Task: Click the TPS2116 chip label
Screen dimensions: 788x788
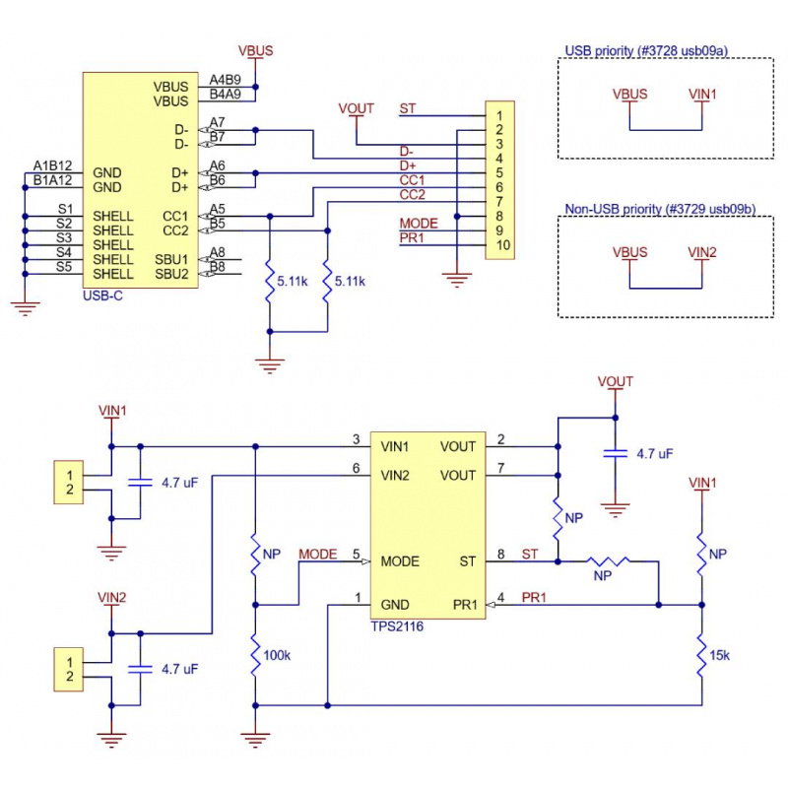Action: pos(396,625)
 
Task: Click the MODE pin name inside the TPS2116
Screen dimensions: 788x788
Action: pos(399,561)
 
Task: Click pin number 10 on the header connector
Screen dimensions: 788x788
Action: pos(502,244)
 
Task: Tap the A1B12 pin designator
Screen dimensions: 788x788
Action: pos(52,164)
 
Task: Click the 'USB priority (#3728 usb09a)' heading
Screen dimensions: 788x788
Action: pos(652,50)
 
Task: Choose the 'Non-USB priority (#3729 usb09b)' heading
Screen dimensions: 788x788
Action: pos(660,209)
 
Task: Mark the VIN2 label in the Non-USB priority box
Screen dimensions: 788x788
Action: pos(702,253)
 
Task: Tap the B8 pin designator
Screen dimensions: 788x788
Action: pos(217,266)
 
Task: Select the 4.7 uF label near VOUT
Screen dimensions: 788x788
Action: pos(655,455)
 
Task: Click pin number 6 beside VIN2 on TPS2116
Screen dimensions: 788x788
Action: pos(356,468)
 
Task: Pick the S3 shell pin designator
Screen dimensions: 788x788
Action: pos(65,237)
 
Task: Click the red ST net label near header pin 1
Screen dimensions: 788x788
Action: pos(407,107)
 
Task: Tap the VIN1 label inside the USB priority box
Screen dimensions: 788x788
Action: pos(702,95)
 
